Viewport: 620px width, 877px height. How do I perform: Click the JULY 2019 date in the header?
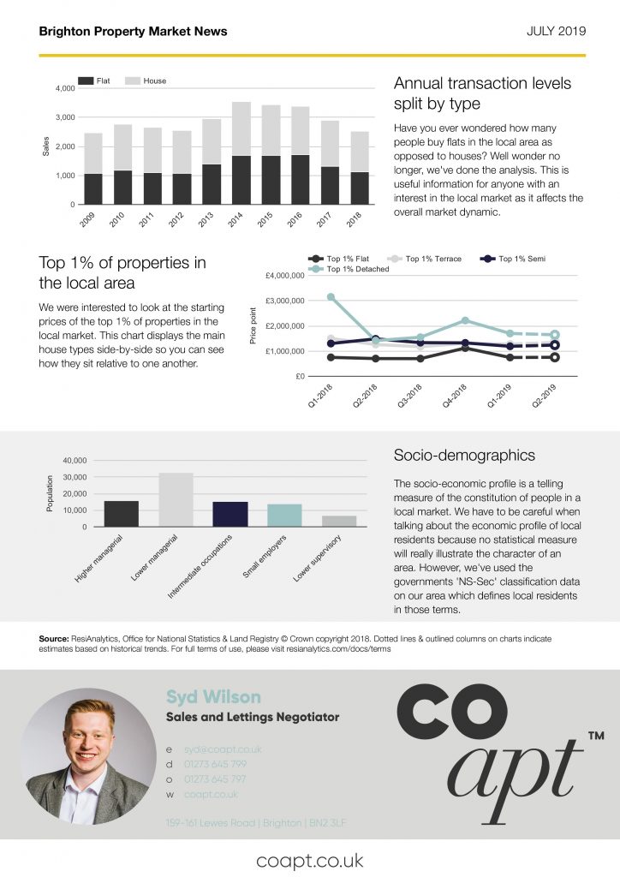(556, 32)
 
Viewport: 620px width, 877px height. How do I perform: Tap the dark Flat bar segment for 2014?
(241, 180)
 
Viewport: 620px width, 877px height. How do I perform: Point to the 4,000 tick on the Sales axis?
(65, 88)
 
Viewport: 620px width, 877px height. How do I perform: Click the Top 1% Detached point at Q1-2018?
(331, 297)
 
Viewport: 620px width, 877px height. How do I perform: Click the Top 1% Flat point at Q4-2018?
(464, 348)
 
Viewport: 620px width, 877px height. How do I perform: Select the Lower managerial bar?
(176, 499)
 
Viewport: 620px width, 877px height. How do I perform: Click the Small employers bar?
(284, 515)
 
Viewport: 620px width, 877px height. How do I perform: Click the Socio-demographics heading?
(463, 456)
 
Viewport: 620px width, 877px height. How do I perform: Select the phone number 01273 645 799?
(215, 765)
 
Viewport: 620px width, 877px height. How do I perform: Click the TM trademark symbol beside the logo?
(596, 736)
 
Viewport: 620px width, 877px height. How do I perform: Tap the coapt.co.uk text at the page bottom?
(310, 859)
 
